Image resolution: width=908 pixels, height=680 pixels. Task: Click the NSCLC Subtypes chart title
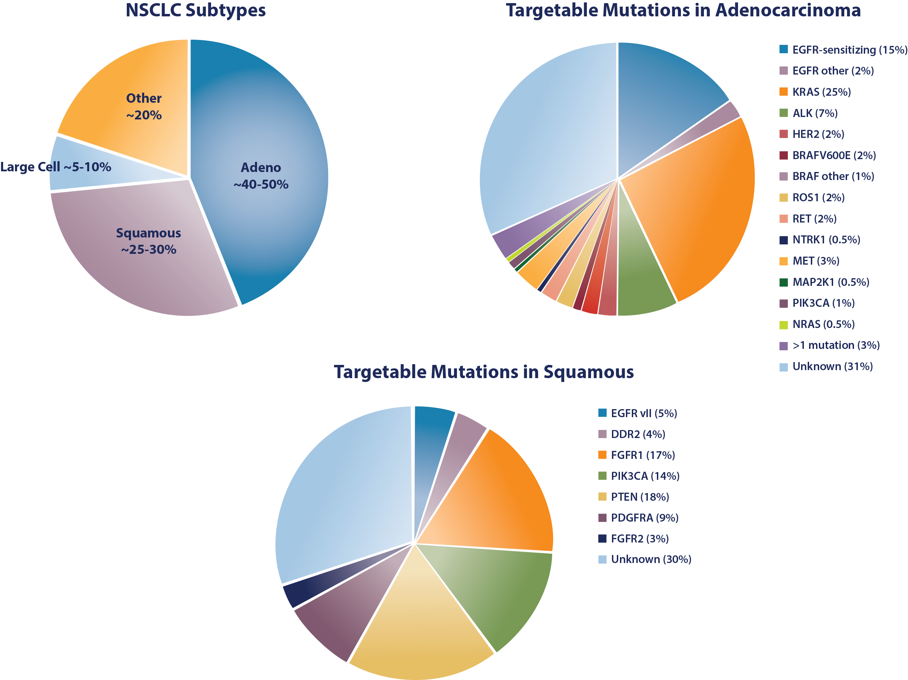pyautogui.click(x=195, y=10)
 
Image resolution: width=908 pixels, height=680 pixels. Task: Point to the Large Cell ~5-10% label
pyautogui.click(x=55, y=167)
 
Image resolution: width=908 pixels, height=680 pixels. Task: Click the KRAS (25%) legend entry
pyautogui.click(x=821, y=92)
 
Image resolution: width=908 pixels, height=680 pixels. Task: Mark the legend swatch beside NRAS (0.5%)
pyautogui.click(x=784, y=325)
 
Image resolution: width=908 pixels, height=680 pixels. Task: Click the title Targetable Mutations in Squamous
pyautogui.click(x=483, y=372)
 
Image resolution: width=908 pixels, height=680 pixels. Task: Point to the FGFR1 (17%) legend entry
pyautogui.click(x=642, y=455)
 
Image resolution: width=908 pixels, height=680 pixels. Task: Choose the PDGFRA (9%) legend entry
pyautogui.click(x=644, y=518)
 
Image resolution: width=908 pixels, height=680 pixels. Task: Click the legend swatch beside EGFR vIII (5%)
pyautogui.click(x=602, y=413)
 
